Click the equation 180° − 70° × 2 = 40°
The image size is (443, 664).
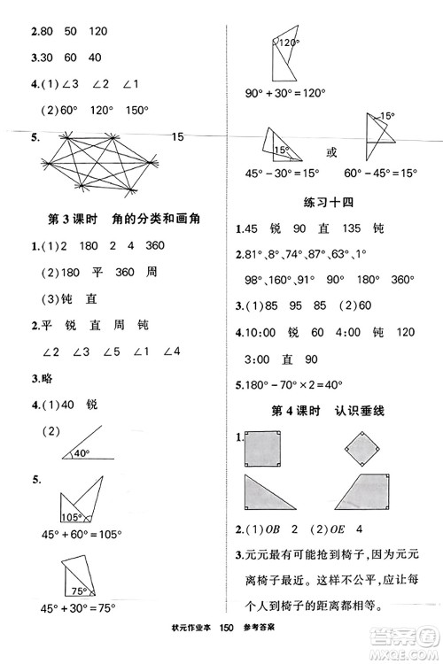(x=291, y=385)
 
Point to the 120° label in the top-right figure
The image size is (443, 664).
(x=286, y=42)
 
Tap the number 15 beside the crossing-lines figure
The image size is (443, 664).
(x=177, y=137)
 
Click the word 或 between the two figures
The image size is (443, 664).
(x=331, y=151)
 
